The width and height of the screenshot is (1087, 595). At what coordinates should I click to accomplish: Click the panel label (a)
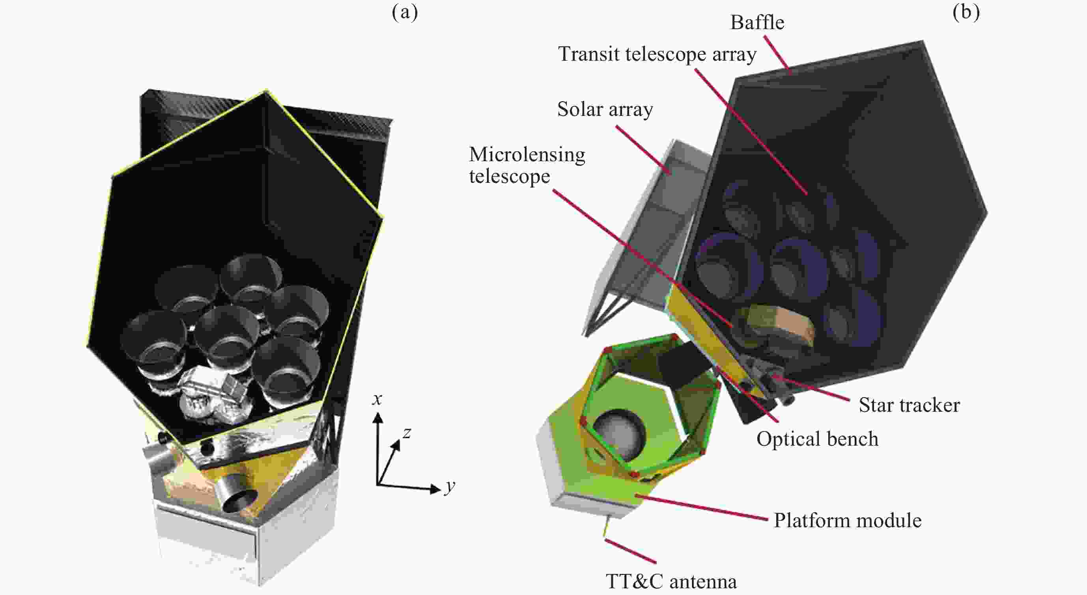404,13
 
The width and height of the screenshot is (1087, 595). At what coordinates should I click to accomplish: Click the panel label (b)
966,13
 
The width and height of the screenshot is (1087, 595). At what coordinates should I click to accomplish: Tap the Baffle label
757,23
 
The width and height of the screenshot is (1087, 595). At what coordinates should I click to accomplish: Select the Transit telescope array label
657,54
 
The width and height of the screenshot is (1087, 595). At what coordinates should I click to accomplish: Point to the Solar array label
605,110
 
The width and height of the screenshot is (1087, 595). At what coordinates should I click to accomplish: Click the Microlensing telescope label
527,165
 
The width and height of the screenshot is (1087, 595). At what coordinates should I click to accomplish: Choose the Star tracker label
910,405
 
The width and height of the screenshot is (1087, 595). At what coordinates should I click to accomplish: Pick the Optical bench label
817,439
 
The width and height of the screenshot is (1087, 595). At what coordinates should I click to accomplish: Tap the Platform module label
847,521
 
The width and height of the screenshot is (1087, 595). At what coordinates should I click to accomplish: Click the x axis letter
377,399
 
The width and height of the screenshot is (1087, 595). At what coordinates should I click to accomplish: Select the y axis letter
450,487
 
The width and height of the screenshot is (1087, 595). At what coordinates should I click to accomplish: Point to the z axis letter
406,433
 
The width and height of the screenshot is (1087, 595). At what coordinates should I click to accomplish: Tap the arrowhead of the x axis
378,417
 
